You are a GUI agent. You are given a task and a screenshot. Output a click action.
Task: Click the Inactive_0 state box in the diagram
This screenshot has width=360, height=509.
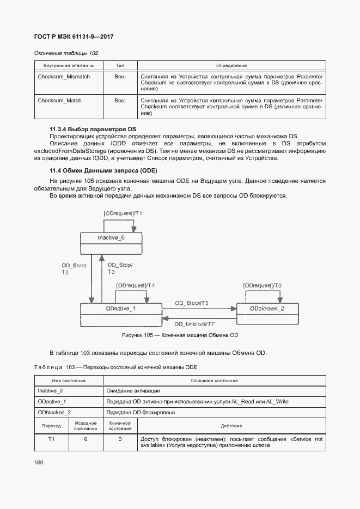[111, 238]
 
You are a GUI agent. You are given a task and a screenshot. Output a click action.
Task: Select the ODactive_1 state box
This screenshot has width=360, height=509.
[121, 309]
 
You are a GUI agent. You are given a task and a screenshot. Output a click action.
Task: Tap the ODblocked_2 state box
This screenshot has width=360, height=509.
[267, 309]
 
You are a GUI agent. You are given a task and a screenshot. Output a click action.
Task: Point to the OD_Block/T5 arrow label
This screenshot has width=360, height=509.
[192, 303]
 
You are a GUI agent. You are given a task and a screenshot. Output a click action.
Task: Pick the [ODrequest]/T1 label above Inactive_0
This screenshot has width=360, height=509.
[123, 213]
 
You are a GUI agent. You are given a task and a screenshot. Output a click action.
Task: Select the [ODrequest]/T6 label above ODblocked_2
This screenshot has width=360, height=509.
[263, 285]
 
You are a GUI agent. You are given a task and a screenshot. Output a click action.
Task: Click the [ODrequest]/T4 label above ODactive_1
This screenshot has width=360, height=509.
[136, 285]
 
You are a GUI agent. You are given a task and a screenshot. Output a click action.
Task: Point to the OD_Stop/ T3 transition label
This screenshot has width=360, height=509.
[120, 268]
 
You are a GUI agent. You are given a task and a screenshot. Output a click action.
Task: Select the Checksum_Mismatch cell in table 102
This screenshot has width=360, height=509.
[64, 77]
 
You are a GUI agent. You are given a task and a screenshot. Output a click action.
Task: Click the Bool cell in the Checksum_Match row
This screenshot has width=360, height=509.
[120, 101]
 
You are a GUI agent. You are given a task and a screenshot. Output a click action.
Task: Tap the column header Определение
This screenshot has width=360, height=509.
[231, 65]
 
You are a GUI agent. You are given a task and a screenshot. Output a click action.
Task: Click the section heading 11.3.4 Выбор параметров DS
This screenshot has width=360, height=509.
[93, 128]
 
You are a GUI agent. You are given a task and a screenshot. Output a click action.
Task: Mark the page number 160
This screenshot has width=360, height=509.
[39, 462]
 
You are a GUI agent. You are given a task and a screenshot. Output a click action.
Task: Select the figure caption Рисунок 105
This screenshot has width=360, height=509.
[180, 335]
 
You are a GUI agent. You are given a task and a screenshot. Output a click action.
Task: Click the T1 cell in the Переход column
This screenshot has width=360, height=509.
[51, 439]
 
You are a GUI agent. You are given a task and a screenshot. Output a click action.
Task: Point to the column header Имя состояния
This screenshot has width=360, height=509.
[68, 381]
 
